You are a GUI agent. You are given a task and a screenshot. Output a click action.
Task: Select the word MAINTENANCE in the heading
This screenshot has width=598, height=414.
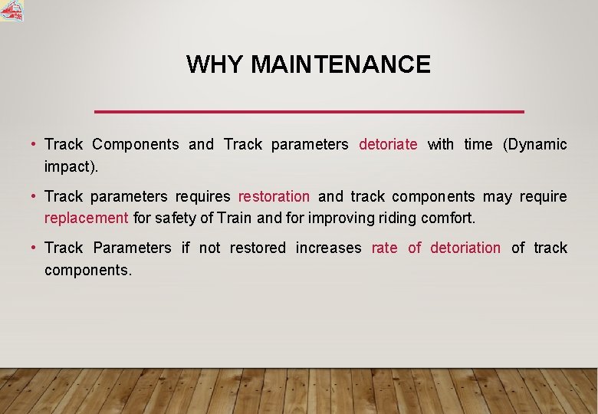pyautogui.click(x=340, y=64)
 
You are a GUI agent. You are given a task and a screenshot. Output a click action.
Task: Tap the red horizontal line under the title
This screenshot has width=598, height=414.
pyautogui.click(x=308, y=112)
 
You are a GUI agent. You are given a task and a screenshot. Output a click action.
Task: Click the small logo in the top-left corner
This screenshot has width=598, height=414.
pyautogui.click(x=11, y=10)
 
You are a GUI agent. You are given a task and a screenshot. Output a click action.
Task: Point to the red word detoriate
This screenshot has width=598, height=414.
pyautogui.click(x=388, y=144)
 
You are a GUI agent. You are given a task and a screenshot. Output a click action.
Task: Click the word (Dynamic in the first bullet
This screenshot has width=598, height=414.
pyautogui.click(x=534, y=144)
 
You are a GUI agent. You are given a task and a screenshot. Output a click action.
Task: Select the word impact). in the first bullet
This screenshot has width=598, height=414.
pyautogui.click(x=72, y=166)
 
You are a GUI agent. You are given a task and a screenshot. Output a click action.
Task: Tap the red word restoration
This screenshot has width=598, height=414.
pyautogui.click(x=274, y=196)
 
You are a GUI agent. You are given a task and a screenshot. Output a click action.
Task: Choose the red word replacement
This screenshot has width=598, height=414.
pyautogui.click(x=86, y=218)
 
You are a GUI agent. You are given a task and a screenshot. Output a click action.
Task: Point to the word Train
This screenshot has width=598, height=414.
pyautogui.click(x=234, y=218)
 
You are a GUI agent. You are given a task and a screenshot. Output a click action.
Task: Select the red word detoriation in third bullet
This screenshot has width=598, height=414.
pyautogui.click(x=465, y=248)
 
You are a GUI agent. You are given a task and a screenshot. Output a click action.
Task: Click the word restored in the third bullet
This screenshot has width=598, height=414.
pyautogui.click(x=258, y=248)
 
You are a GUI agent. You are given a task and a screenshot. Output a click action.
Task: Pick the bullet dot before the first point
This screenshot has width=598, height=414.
pyautogui.click(x=34, y=144)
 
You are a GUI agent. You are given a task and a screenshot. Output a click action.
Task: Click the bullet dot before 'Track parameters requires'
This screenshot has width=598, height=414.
pyautogui.click(x=34, y=196)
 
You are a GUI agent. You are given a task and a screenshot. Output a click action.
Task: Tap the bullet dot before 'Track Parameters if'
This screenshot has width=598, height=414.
pyautogui.click(x=34, y=248)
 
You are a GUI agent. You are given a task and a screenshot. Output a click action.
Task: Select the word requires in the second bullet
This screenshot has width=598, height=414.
pyautogui.click(x=202, y=196)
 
